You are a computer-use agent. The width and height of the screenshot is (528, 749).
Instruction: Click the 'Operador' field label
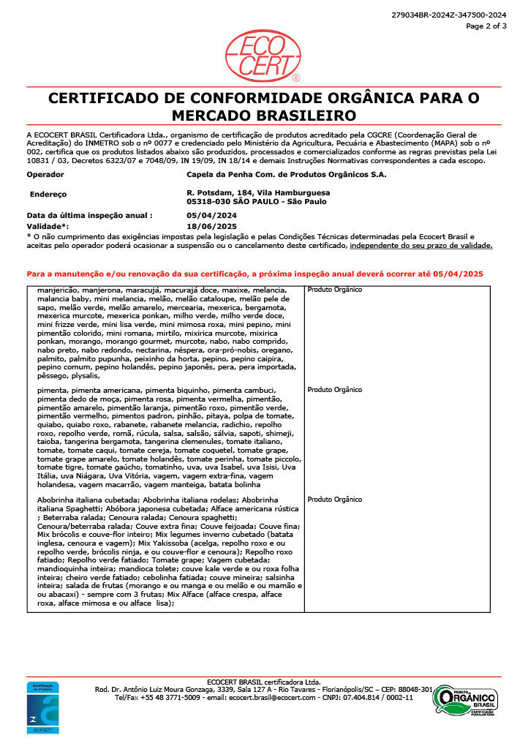pyautogui.click(x=45, y=175)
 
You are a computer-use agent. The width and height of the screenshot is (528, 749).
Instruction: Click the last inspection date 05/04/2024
pyautogui.click(x=212, y=216)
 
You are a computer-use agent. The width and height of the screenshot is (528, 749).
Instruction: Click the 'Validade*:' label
pyautogui.click(x=48, y=227)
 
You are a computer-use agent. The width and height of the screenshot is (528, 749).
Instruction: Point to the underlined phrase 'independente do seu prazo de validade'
pyautogui.click(x=421, y=245)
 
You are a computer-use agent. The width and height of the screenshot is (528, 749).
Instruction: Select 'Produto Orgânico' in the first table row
pyautogui.click(x=335, y=290)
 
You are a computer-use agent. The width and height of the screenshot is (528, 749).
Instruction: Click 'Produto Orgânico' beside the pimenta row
pyautogui.click(x=335, y=390)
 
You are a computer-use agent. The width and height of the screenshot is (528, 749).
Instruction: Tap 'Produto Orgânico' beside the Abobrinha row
pyautogui.click(x=335, y=499)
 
